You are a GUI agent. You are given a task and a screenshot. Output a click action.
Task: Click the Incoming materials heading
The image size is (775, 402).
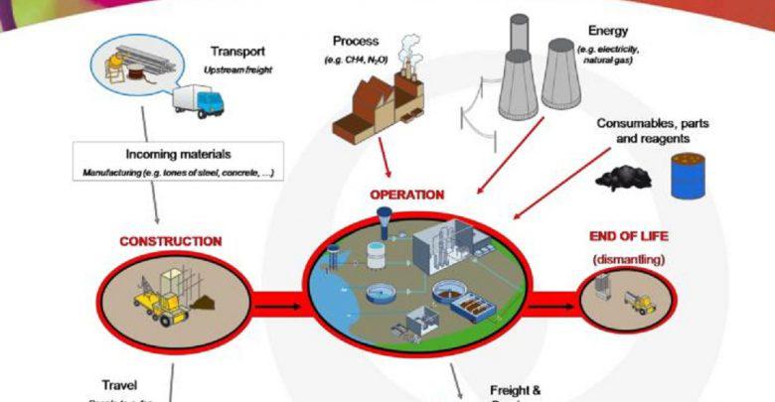[179, 155]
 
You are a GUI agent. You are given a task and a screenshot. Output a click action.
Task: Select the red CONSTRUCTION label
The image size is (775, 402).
[170, 241]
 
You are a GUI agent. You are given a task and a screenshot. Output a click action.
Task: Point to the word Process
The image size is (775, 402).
[355, 41]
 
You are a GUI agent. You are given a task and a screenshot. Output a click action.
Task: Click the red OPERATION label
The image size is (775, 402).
[407, 195]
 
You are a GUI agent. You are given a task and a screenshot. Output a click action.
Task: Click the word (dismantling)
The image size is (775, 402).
[628, 259]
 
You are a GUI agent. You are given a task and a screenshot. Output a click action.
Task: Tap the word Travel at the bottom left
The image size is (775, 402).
[119, 384]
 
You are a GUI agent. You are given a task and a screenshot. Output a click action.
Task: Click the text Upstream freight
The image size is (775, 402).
[236, 71]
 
